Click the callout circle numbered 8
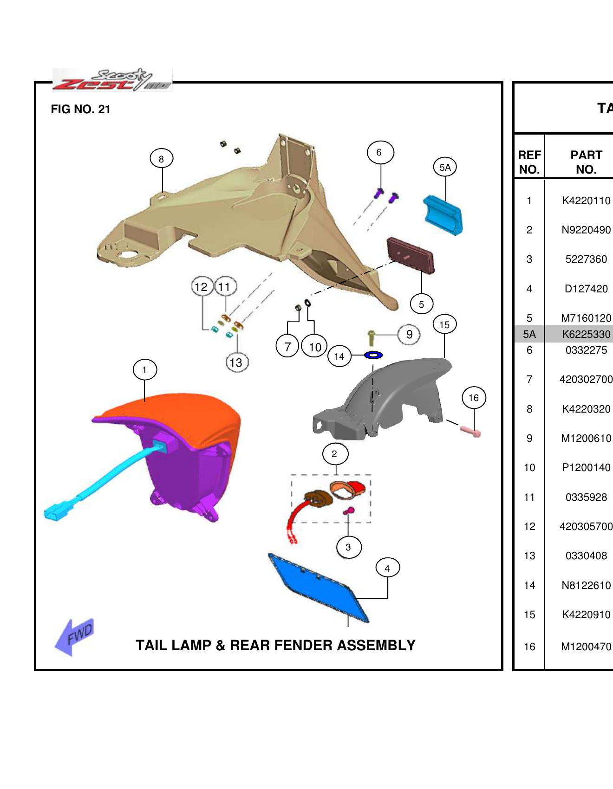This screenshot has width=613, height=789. click(161, 159)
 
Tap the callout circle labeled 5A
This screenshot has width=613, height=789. click(444, 167)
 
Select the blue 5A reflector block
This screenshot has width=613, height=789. click(443, 215)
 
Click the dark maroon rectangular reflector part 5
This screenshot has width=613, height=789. click(411, 255)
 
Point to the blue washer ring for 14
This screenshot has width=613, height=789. click(373, 355)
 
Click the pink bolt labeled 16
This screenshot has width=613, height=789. click(471, 431)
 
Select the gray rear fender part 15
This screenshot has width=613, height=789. click(385, 399)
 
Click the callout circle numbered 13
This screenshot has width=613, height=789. click(236, 362)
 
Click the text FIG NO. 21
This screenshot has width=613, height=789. click(81, 109)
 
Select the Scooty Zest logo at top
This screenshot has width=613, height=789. click(111, 79)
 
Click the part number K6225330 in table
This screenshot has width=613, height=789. click(586, 334)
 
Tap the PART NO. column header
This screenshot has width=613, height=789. click(586, 162)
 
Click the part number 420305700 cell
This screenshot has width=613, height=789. click(586, 526)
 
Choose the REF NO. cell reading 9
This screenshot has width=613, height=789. click(529, 438)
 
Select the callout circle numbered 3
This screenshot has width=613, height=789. click(348, 547)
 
